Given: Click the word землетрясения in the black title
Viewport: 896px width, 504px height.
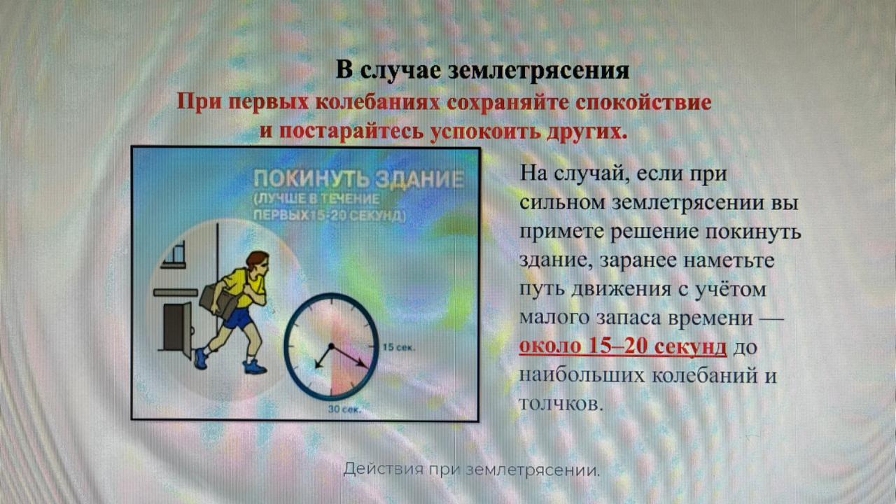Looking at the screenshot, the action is [x=539, y=71].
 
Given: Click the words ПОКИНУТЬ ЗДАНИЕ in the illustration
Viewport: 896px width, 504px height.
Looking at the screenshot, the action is [x=359, y=178].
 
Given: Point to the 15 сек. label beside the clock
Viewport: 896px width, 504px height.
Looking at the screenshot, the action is [x=399, y=346].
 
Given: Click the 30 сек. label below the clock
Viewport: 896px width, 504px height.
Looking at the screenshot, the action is [x=344, y=409].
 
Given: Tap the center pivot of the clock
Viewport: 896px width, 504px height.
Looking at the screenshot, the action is [x=331, y=346].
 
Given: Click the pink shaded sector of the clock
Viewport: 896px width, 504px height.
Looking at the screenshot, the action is [x=349, y=372].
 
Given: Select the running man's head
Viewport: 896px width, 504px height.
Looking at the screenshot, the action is [x=257, y=264].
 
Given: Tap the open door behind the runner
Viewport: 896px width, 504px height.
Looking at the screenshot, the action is [x=178, y=330].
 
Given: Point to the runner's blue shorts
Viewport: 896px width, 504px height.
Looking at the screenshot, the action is [x=239, y=318].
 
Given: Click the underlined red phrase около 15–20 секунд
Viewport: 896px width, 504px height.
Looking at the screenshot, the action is [x=622, y=346].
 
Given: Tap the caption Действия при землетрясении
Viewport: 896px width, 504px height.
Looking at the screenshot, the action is [x=472, y=470].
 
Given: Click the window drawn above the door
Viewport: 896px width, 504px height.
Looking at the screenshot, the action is [x=174, y=254].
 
